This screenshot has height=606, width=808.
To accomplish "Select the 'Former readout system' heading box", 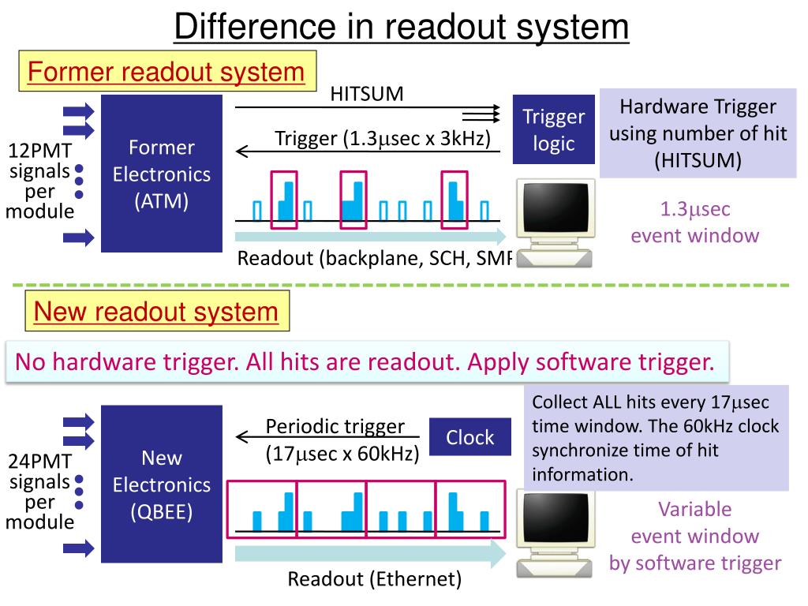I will tap(166, 73).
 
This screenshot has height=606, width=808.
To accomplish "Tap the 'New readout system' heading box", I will tap(155, 312).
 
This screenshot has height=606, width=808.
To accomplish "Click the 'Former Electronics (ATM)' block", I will tap(162, 174).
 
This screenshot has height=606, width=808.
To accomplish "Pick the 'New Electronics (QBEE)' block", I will tap(162, 484).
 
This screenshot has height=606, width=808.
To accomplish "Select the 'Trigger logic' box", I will tap(553, 130).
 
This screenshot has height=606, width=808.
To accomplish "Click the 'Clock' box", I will tap(469, 438).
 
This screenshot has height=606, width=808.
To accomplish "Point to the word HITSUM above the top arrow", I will tap(366, 94).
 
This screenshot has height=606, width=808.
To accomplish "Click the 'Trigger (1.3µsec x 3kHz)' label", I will tap(383, 139).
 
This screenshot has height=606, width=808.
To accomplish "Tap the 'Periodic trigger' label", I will tap(335, 427).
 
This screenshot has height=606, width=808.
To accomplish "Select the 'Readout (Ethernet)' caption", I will tap(374, 579).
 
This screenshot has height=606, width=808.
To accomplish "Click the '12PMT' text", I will tap(40, 151).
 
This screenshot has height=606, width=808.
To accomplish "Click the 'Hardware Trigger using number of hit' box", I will tap(698, 133).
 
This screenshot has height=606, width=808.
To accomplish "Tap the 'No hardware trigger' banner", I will tap(365, 362).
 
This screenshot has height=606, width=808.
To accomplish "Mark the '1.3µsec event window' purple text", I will tap(695, 223).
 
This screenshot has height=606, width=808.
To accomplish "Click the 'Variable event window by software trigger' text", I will tap(695, 536).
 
